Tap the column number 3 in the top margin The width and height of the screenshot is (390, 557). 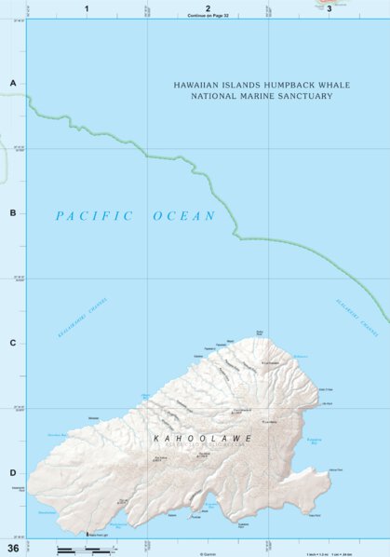pyautogui.click(x=329, y=7)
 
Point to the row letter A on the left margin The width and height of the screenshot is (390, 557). pyautogui.click(x=13, y=84)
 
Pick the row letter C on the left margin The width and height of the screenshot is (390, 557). pyautogui.click(x=13, y=343)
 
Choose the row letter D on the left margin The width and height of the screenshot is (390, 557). pyautogui.click(x=13, y=472)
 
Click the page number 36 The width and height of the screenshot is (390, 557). pyautogui.click(x=13, y=547)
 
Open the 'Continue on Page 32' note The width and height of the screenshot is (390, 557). pyautogui.click(x=208, y=16)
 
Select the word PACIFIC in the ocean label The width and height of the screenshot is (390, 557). pyautogui.click(x=94, y=216)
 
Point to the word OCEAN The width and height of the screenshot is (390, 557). pyautogui.click(x=184, y=216)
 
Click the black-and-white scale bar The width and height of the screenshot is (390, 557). pyautogui.click(x=79, y=550)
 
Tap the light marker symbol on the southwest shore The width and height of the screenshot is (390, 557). pyautogui.click(x=87, y=534)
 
